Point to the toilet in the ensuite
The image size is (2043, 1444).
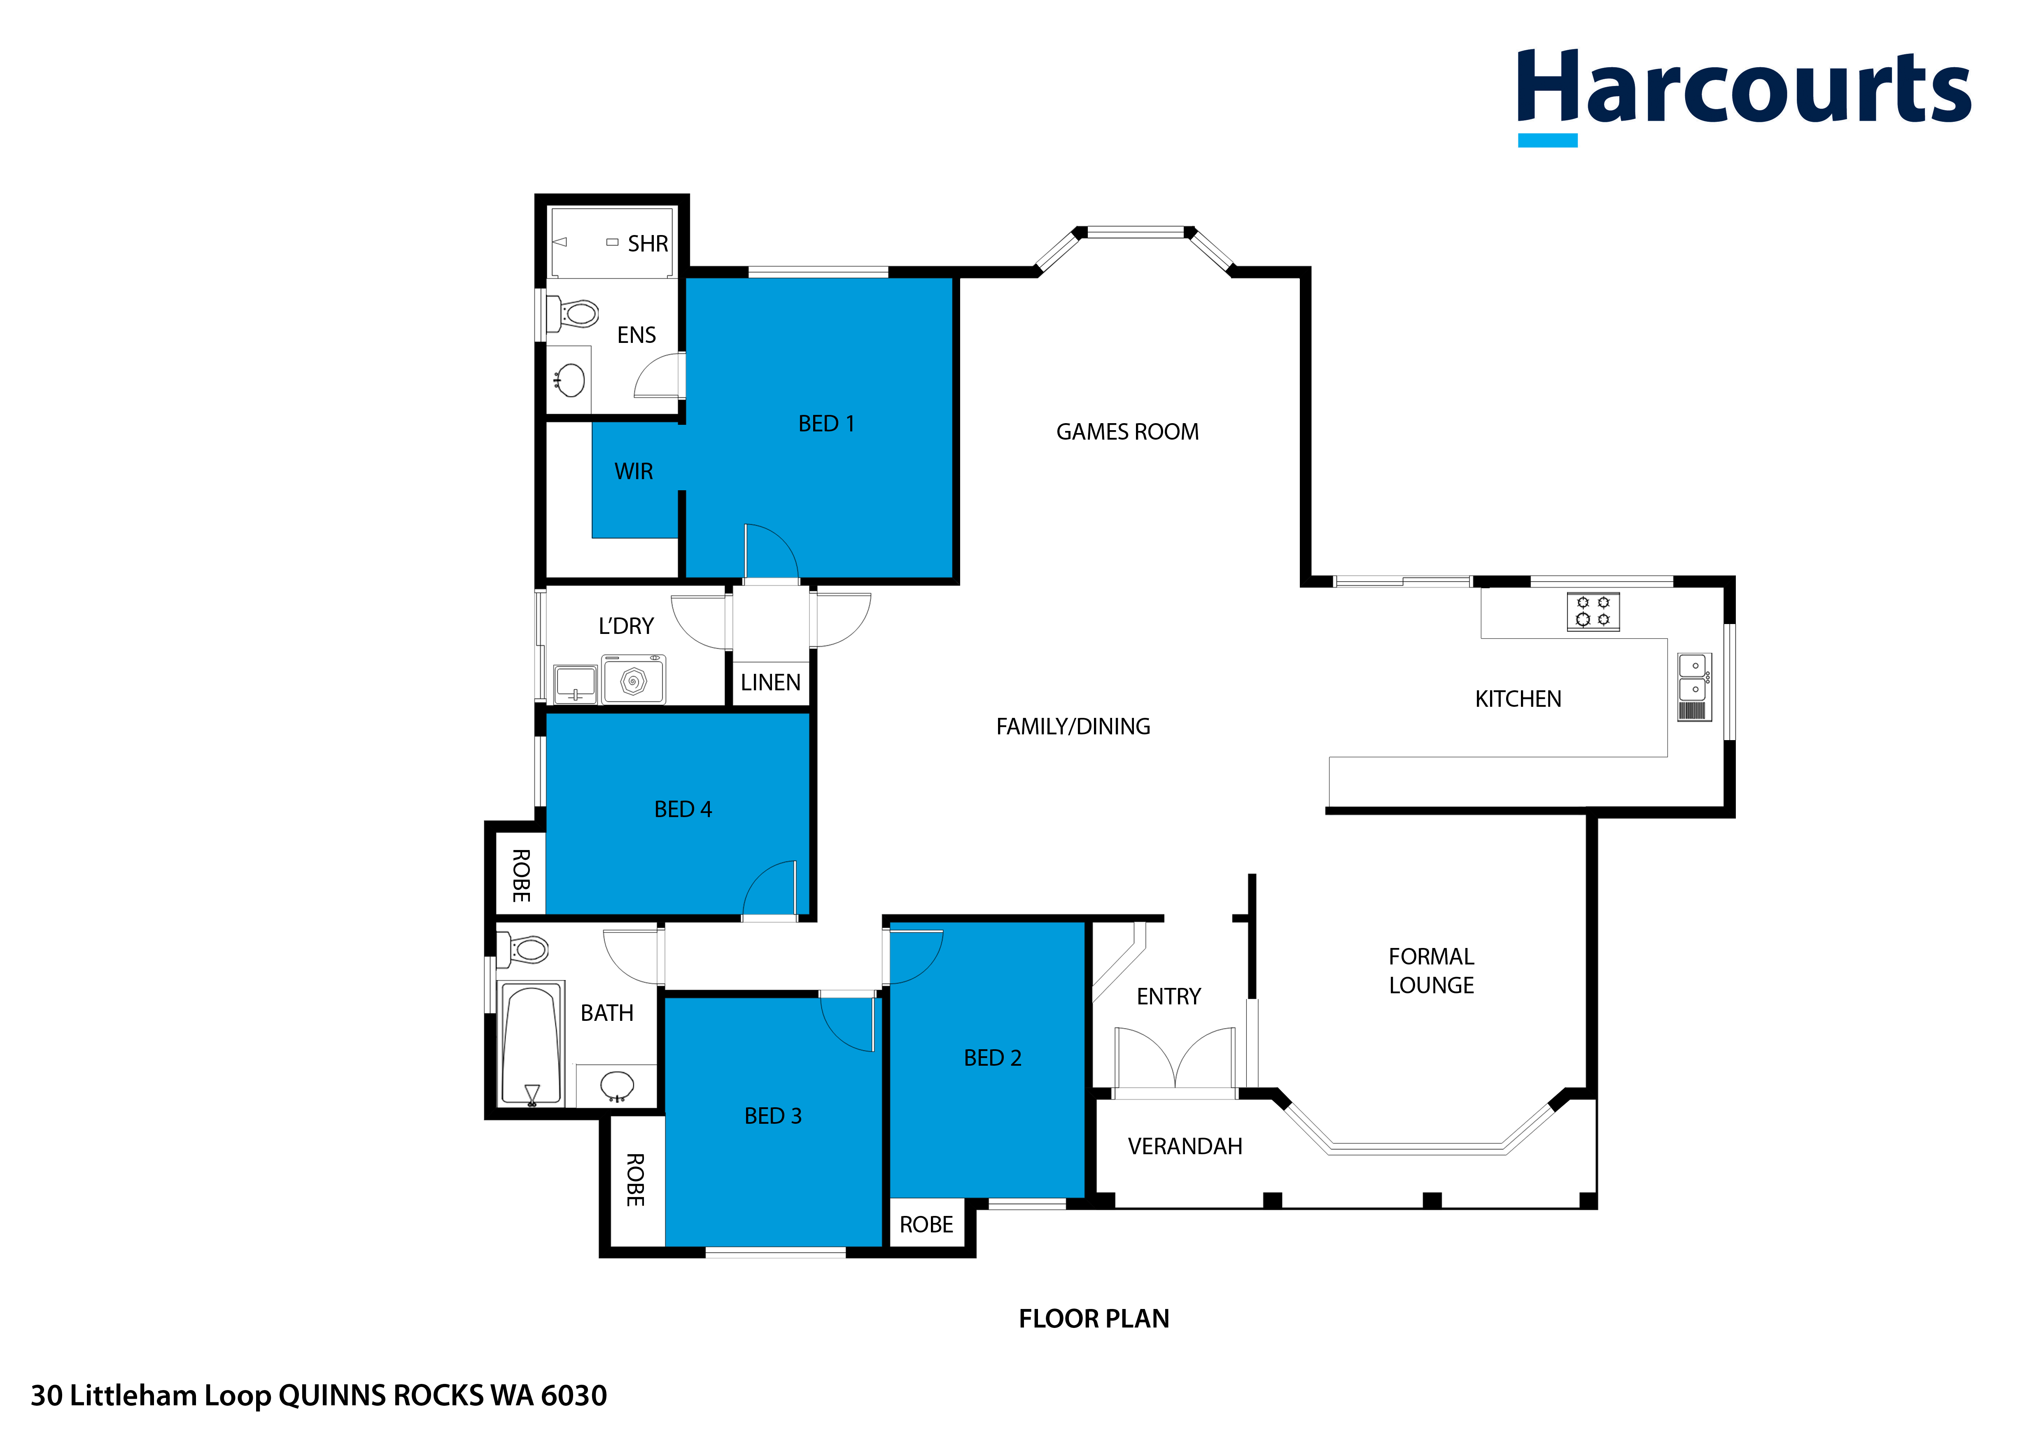(574, 313)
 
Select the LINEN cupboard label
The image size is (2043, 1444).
(771, 682)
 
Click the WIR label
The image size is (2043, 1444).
(634, 472)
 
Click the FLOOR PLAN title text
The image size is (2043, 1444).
(1094, 1318)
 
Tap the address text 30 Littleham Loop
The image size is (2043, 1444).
(319, 1395)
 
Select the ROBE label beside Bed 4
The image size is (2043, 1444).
(521, 876)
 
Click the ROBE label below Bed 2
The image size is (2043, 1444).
(926, 1225)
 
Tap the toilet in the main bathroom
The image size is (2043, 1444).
(525, 949)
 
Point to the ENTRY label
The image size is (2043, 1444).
(1168, 997)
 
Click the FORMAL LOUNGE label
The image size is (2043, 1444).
(1431, 971)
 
